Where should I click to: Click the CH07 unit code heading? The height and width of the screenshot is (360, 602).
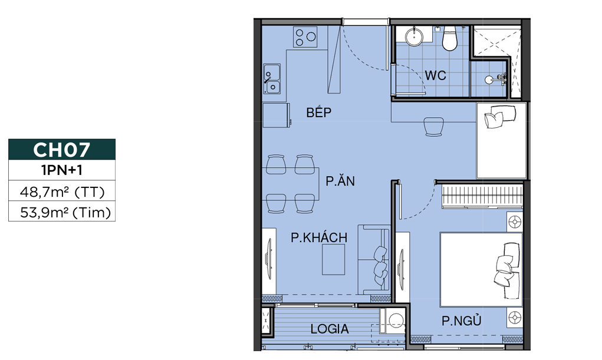[x=61, y=150]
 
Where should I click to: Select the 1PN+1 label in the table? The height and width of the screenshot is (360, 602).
[x=62, y=170]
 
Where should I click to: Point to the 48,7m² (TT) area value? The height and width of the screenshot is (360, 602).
[x=62, y=191]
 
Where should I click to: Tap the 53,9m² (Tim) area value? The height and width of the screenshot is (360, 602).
[x=65, y=212]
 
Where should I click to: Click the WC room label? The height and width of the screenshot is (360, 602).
[x=435, y=75]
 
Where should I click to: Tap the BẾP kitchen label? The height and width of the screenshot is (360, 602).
[x=318, y=112]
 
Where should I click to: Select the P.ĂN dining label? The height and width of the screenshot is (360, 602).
[x=340, y=181]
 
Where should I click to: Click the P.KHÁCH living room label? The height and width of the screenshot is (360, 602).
[x=319, y=237]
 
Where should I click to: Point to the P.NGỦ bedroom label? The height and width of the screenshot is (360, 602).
[x=462, y=321]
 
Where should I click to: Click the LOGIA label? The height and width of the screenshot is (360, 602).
[x=330, y=329]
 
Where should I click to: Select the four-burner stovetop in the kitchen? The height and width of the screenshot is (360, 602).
[x=305, y=37]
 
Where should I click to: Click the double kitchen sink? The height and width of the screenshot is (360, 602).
[x=272, y=79]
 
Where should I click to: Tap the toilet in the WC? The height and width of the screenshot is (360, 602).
[x=449, y=38]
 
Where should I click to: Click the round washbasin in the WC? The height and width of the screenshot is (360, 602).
[x=414, y=37]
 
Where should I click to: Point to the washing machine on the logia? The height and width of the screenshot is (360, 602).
[x=392, y=321]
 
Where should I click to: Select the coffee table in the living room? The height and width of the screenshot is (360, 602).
[x=333, y=259]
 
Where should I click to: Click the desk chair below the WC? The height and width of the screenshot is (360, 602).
[x=434, y=126]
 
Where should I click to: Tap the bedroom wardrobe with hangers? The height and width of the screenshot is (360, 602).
[x=482, y=196]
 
